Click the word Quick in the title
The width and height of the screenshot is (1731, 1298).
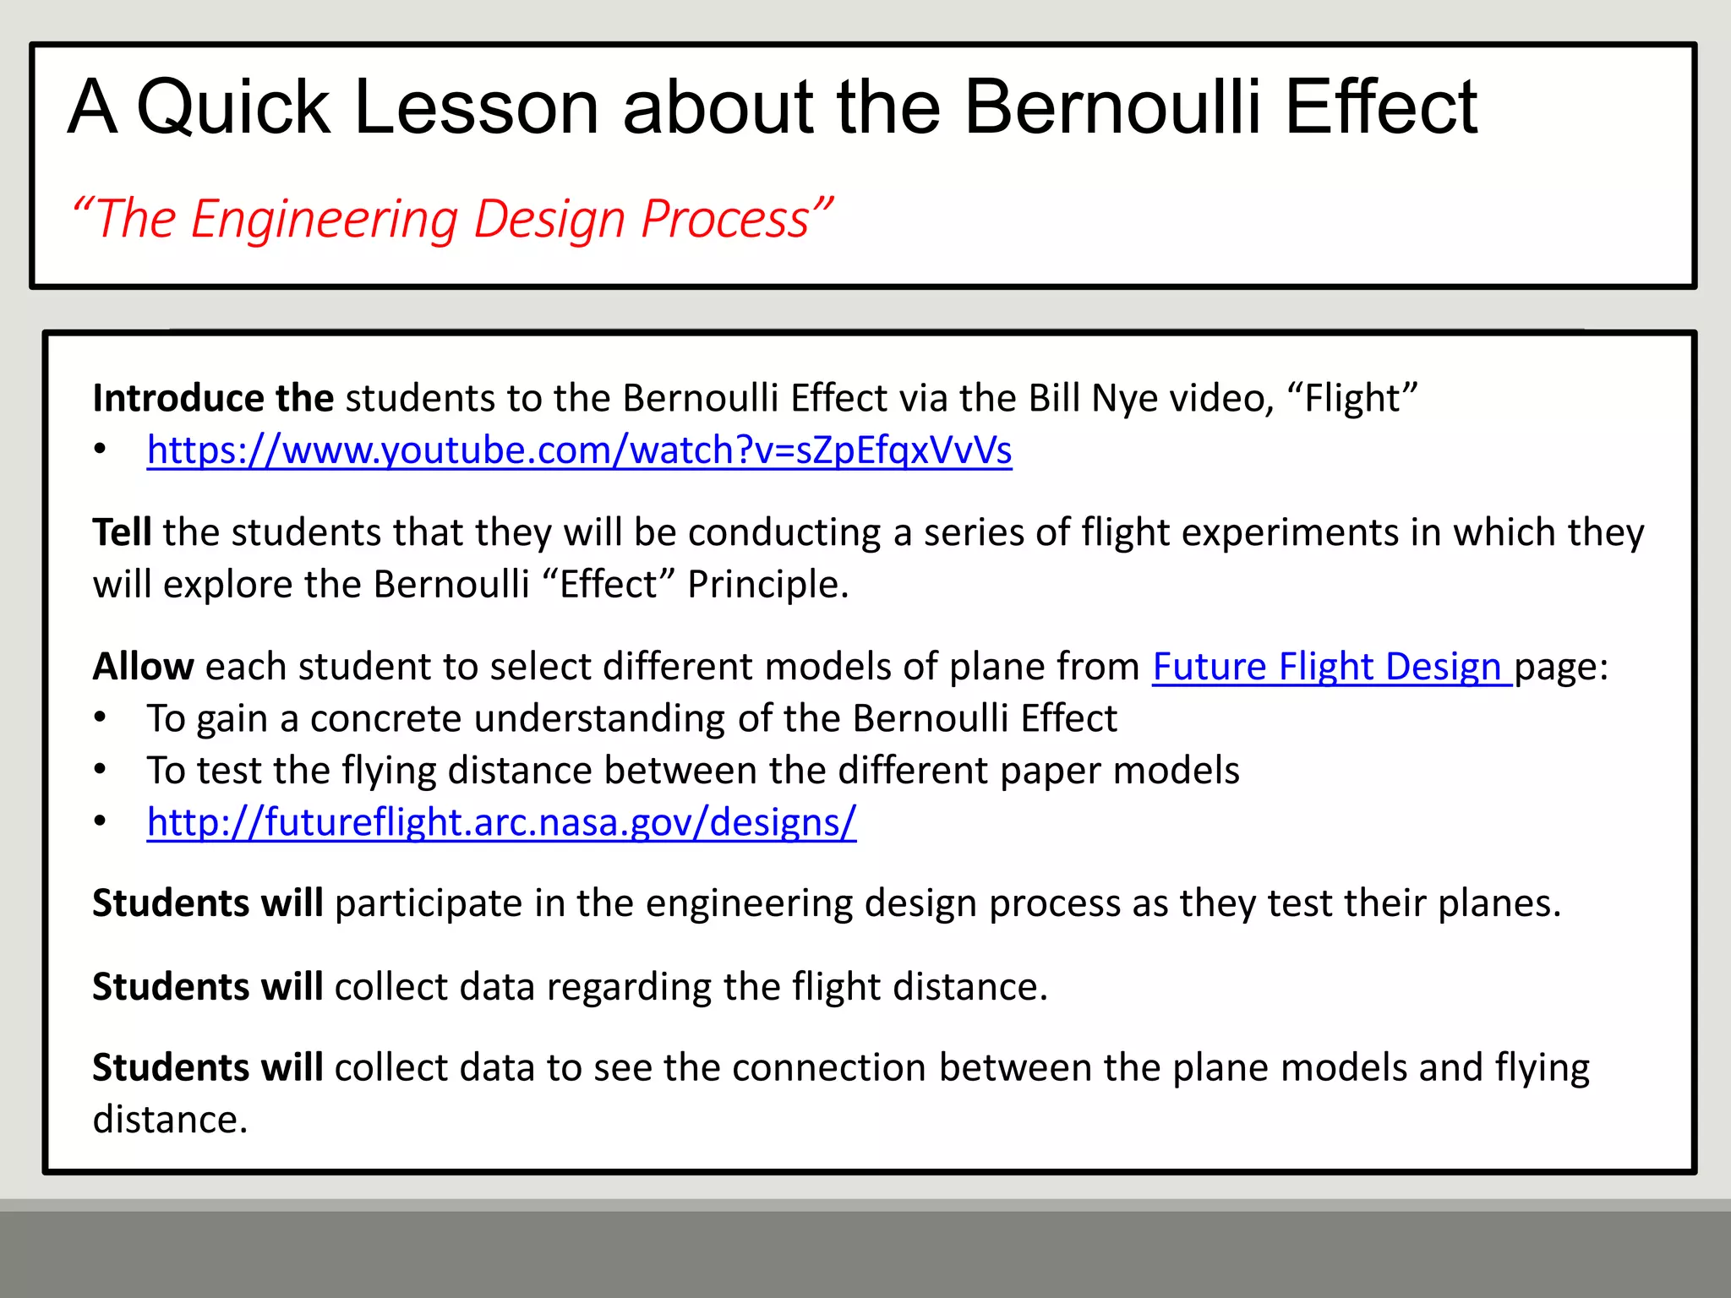pyautogui.click(x=232, y=108)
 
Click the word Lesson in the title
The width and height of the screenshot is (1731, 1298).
pyautogui.click(x=477, y=108)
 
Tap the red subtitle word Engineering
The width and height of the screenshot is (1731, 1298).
pyautogui.click(x=324, y=220)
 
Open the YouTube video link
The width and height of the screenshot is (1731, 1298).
pyautogui.click(x=579, y=450)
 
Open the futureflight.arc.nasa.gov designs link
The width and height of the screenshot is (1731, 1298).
pyautogui.click(x=501, y=822)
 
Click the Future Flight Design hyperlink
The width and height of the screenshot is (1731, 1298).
pyautogui.click(x=1331, y=667)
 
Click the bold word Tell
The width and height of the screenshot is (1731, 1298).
pyautogui.click(x=122, y=532)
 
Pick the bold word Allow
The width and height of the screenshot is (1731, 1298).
pyautogui.click(x=143, y=667)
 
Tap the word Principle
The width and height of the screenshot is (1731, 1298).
pyautogui.click(x=767, y=585)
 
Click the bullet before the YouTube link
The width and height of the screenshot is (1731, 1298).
pyautogui.click(x=101, y=450)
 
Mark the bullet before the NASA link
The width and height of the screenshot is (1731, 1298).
pyautogui.click(x=101, y=822)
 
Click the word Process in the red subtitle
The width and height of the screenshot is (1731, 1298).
pyautogui.click(x=725, y=220)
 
